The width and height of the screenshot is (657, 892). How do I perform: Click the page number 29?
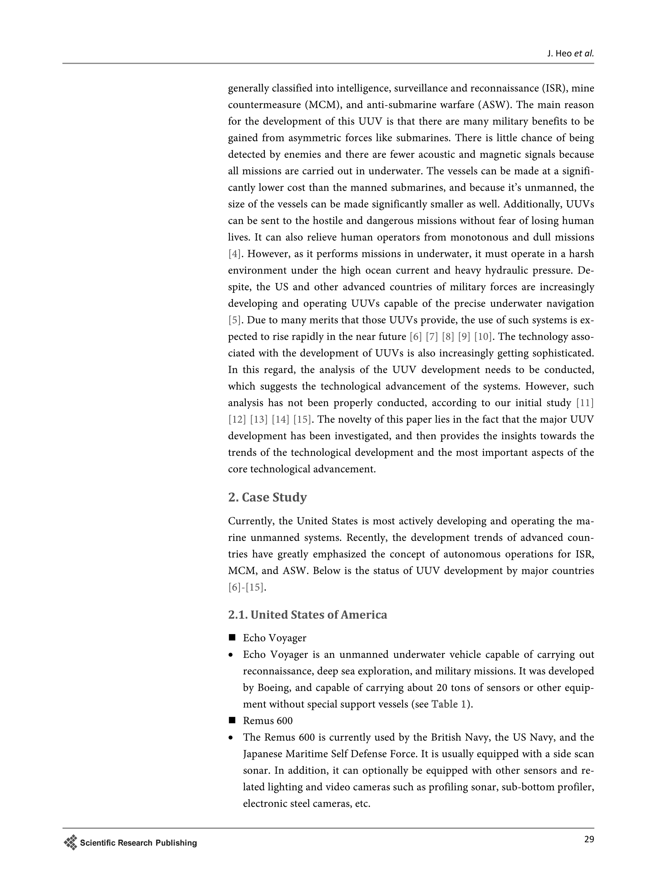[x=589, y=839]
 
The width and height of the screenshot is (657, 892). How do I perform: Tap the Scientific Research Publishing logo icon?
[x=70, y=842]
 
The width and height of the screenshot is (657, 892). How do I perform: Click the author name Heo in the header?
[x=564, y=54]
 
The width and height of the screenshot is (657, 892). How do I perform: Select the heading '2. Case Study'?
[x=267, y=497]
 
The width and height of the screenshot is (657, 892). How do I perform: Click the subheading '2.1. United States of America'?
[x=308, y=615]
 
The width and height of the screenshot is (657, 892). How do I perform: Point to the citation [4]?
[x=234, y=254]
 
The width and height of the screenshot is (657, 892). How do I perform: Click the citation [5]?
[x=234, y=320]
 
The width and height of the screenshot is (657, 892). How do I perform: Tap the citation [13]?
[x=259, y=420]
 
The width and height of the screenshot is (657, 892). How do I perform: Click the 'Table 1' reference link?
[x=448, y=704]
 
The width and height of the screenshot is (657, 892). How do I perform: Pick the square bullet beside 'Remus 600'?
[x=232, y=721]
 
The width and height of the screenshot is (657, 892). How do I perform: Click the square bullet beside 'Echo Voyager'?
[x=232, y=638]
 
